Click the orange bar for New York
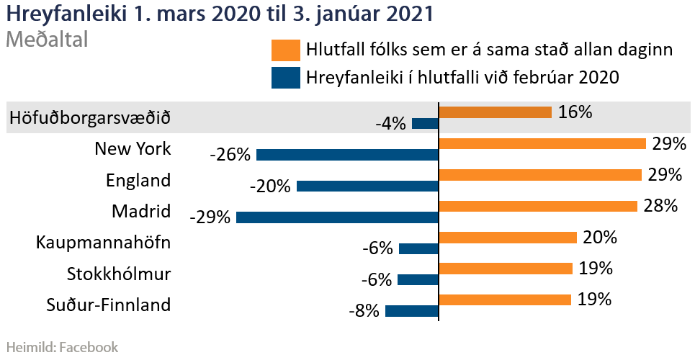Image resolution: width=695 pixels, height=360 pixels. (542, 143)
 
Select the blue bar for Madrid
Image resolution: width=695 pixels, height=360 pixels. (337, 217)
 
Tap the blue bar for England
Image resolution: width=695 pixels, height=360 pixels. (367, 186)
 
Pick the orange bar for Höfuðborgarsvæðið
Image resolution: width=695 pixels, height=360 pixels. (495, 112)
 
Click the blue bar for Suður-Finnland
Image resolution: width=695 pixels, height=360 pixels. (412, 311)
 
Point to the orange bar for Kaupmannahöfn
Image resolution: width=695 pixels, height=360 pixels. (508, 237)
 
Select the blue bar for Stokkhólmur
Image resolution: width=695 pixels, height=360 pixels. (418, 280)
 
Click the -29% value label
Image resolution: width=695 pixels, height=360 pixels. (210, 217)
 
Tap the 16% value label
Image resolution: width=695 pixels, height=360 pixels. (575, 112)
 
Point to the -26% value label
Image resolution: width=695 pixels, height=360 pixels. (230, 155)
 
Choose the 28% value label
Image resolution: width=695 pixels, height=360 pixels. (660, 206)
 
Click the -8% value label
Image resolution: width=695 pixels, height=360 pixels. (363, 311)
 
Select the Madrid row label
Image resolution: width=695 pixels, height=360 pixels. (141, 211)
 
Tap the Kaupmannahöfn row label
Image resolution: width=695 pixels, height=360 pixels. (103, 242)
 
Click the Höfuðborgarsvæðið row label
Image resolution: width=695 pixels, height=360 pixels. (91, 117)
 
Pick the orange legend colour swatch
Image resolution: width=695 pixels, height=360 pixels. (285, 50)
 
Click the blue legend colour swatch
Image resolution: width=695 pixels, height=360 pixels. (285, 77)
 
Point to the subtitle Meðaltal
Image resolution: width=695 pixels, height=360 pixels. (47, 40)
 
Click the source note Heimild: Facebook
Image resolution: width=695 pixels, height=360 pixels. (61, 347)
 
